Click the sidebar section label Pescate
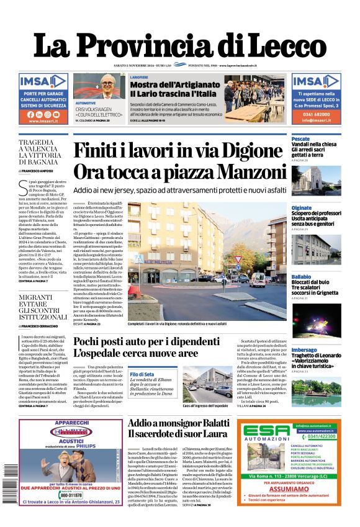(300, 138)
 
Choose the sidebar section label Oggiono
(302, 208)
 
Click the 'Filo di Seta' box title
(142, 374)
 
